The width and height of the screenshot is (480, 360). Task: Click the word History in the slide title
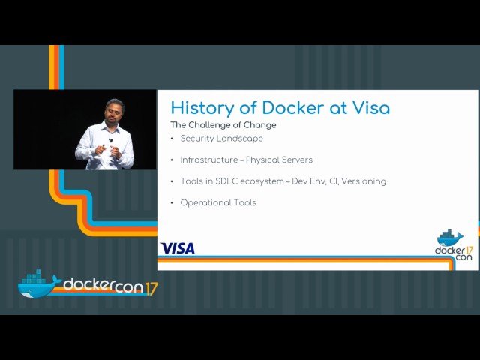(199, 108)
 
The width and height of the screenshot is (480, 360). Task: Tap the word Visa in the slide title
(370, 108)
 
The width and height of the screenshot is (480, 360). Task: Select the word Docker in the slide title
(288, 108)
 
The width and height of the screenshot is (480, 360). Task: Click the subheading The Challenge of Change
(223, 125)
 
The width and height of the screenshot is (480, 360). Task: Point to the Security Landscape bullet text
(222, 139)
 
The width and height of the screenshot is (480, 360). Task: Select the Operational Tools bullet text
(218, 202)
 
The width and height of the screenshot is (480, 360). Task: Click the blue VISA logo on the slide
(178, 248)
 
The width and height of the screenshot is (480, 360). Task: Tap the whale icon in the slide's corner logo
(450, 238)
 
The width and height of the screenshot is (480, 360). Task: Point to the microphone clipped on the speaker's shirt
(112, 140)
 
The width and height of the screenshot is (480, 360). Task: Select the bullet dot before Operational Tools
(172, 202)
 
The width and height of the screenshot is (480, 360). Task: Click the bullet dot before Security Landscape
(172, 139)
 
